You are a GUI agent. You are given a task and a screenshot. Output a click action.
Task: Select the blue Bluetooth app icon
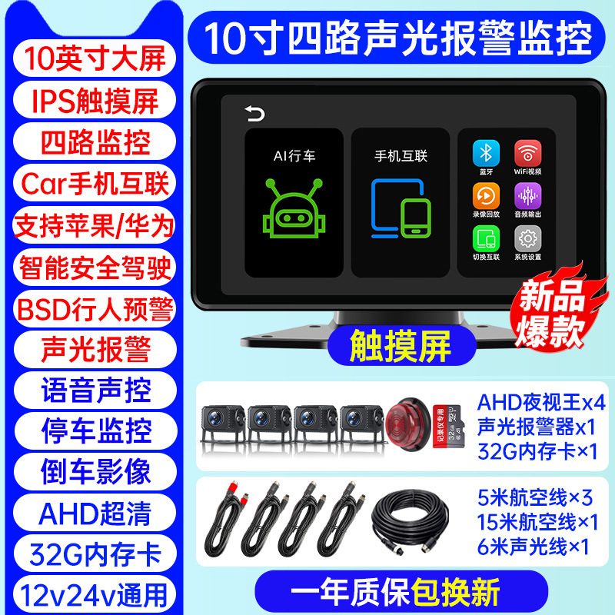pyautogui.click(x=486, y=151)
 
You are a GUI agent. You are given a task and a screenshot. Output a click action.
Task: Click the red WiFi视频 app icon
pyautogui.click(x=527, y=151)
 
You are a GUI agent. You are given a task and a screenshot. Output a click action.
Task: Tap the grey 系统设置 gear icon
pyautogui.click(x=527, y=237)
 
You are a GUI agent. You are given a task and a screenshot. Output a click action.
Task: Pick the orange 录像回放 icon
pyautogui.click(x=486, y=194)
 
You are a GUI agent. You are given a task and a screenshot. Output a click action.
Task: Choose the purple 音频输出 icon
pyautogui.click(x=527, y=194)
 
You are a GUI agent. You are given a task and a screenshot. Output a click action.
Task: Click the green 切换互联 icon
pyautogui.click(x=486, y=237)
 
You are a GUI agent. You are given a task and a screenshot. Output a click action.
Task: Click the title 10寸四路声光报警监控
pyautogui.click(x=400, y=36)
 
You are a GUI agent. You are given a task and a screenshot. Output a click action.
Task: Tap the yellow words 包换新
pyautogui.click(x=456, y=593)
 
